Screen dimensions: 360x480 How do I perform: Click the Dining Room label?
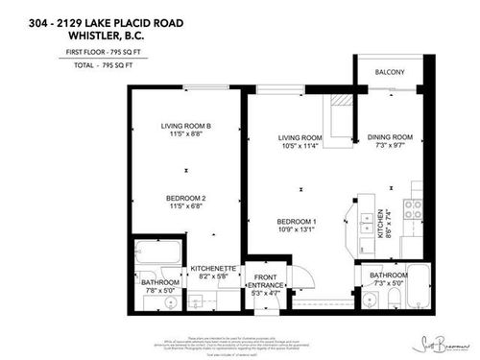pos(390,138)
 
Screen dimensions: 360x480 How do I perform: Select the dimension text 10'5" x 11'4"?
pos(299,148)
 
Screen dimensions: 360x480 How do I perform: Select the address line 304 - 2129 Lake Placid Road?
pos(80,12)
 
